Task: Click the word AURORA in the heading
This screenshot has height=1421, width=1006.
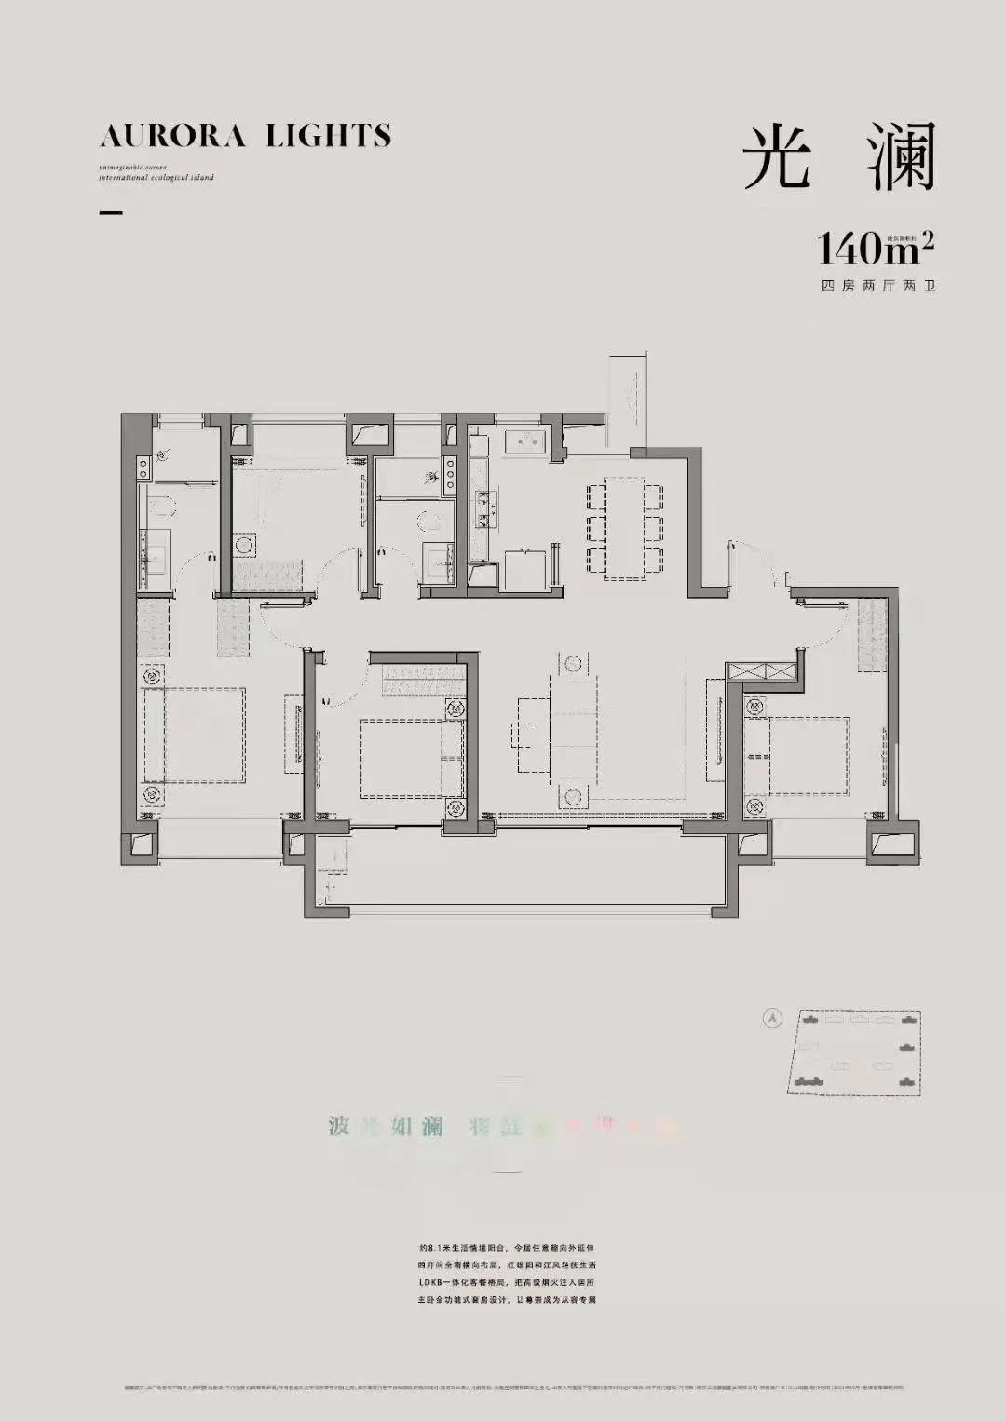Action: [172, 137]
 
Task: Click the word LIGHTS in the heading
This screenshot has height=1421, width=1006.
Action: [328, 137]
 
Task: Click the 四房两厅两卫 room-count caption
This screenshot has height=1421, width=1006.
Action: [877, 286]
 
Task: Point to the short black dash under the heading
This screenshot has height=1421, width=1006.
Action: [111, 213]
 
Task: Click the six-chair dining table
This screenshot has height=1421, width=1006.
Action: [625, 529]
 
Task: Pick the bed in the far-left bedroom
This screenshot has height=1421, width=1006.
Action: [194, 736]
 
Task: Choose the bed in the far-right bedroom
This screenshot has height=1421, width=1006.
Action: [807, 755]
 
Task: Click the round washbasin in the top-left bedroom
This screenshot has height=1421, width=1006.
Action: [245, 543]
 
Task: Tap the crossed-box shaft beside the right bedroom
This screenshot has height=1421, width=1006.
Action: [763, 672]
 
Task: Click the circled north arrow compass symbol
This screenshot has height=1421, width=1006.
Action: [771, 1019]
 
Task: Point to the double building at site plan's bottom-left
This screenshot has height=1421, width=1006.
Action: [807, 1081]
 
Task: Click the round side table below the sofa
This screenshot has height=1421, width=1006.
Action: [571, 797]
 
